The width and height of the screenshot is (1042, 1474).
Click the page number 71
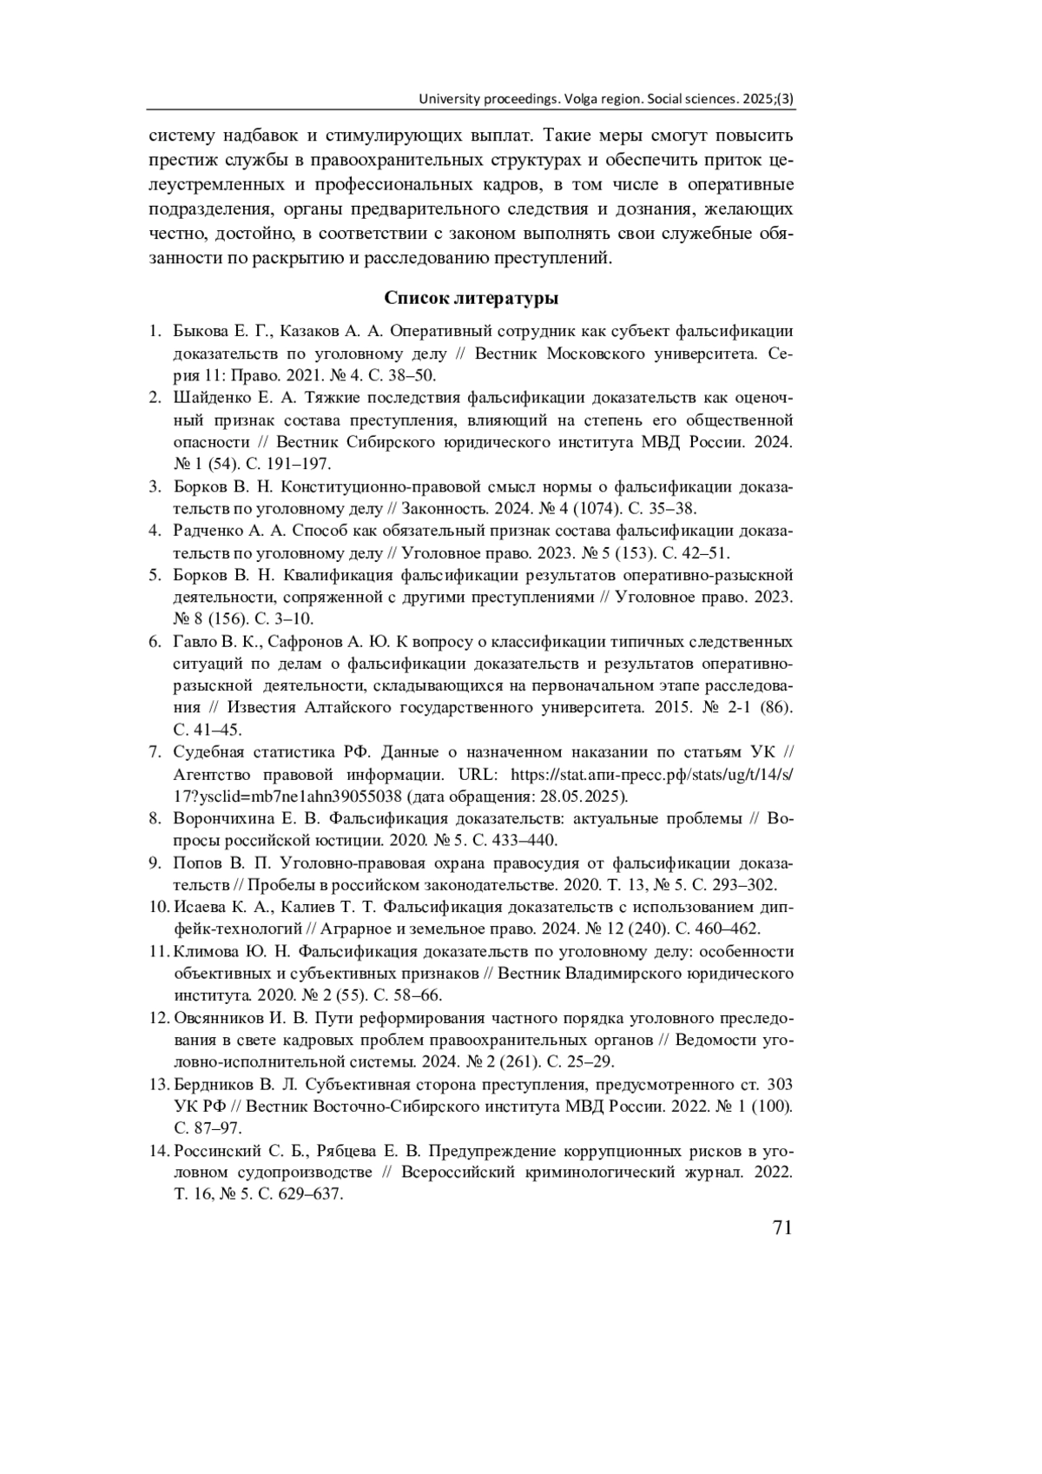[781, 1227]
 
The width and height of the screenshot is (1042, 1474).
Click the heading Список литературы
[471, 299]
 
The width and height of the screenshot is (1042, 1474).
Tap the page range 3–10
[293, 619]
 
